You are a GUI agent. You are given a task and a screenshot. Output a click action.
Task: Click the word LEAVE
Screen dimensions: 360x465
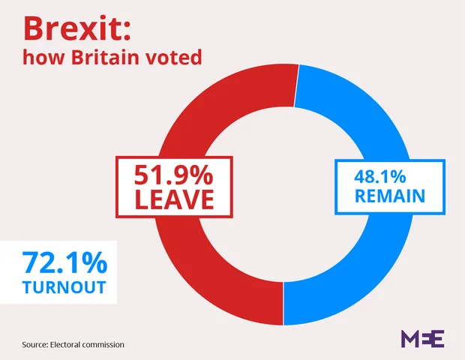pos(173,199)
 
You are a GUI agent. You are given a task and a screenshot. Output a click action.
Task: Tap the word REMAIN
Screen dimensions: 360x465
pos(390,197)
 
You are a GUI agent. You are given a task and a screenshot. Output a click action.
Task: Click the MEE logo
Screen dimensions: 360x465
pos(423,339)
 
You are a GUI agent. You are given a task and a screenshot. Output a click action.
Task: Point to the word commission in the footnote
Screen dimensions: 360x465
pos(105,344)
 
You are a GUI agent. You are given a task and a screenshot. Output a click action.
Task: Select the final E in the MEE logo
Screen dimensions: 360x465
pos(438,339)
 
